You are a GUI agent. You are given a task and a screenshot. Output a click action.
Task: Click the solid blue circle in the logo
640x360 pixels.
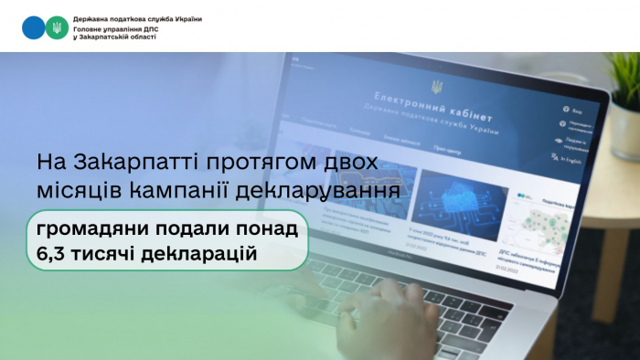click(x=33, y=26)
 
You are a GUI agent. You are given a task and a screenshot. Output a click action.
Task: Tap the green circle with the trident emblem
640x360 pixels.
click(x=57, y=26)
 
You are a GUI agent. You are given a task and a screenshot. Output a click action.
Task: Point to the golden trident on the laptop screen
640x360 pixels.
click(x=437, y=88)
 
